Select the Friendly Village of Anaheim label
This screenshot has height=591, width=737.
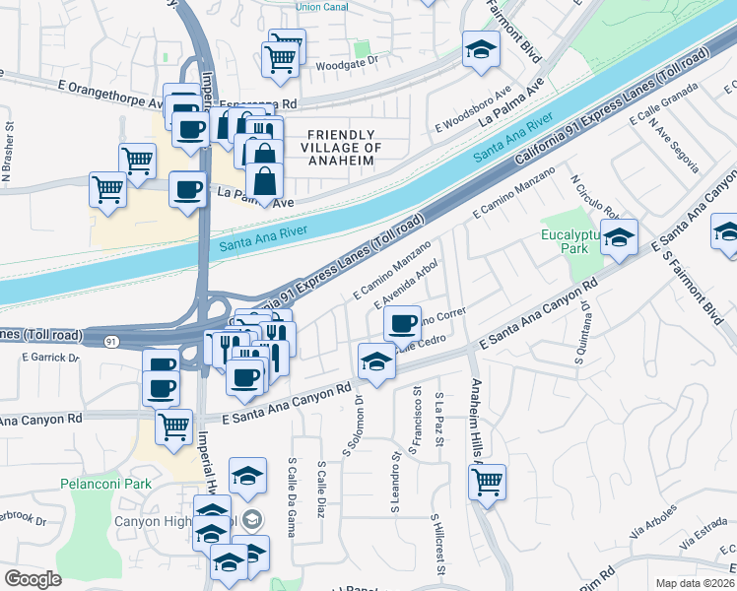click(341, 148)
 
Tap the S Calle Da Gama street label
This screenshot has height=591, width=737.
click(293, 489)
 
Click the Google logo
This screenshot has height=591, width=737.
click(33, 579)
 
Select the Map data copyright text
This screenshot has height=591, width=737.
click(696, 582)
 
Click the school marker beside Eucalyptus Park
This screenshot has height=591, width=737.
click(620, 236)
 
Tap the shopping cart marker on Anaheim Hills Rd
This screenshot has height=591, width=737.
click(488, 482)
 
